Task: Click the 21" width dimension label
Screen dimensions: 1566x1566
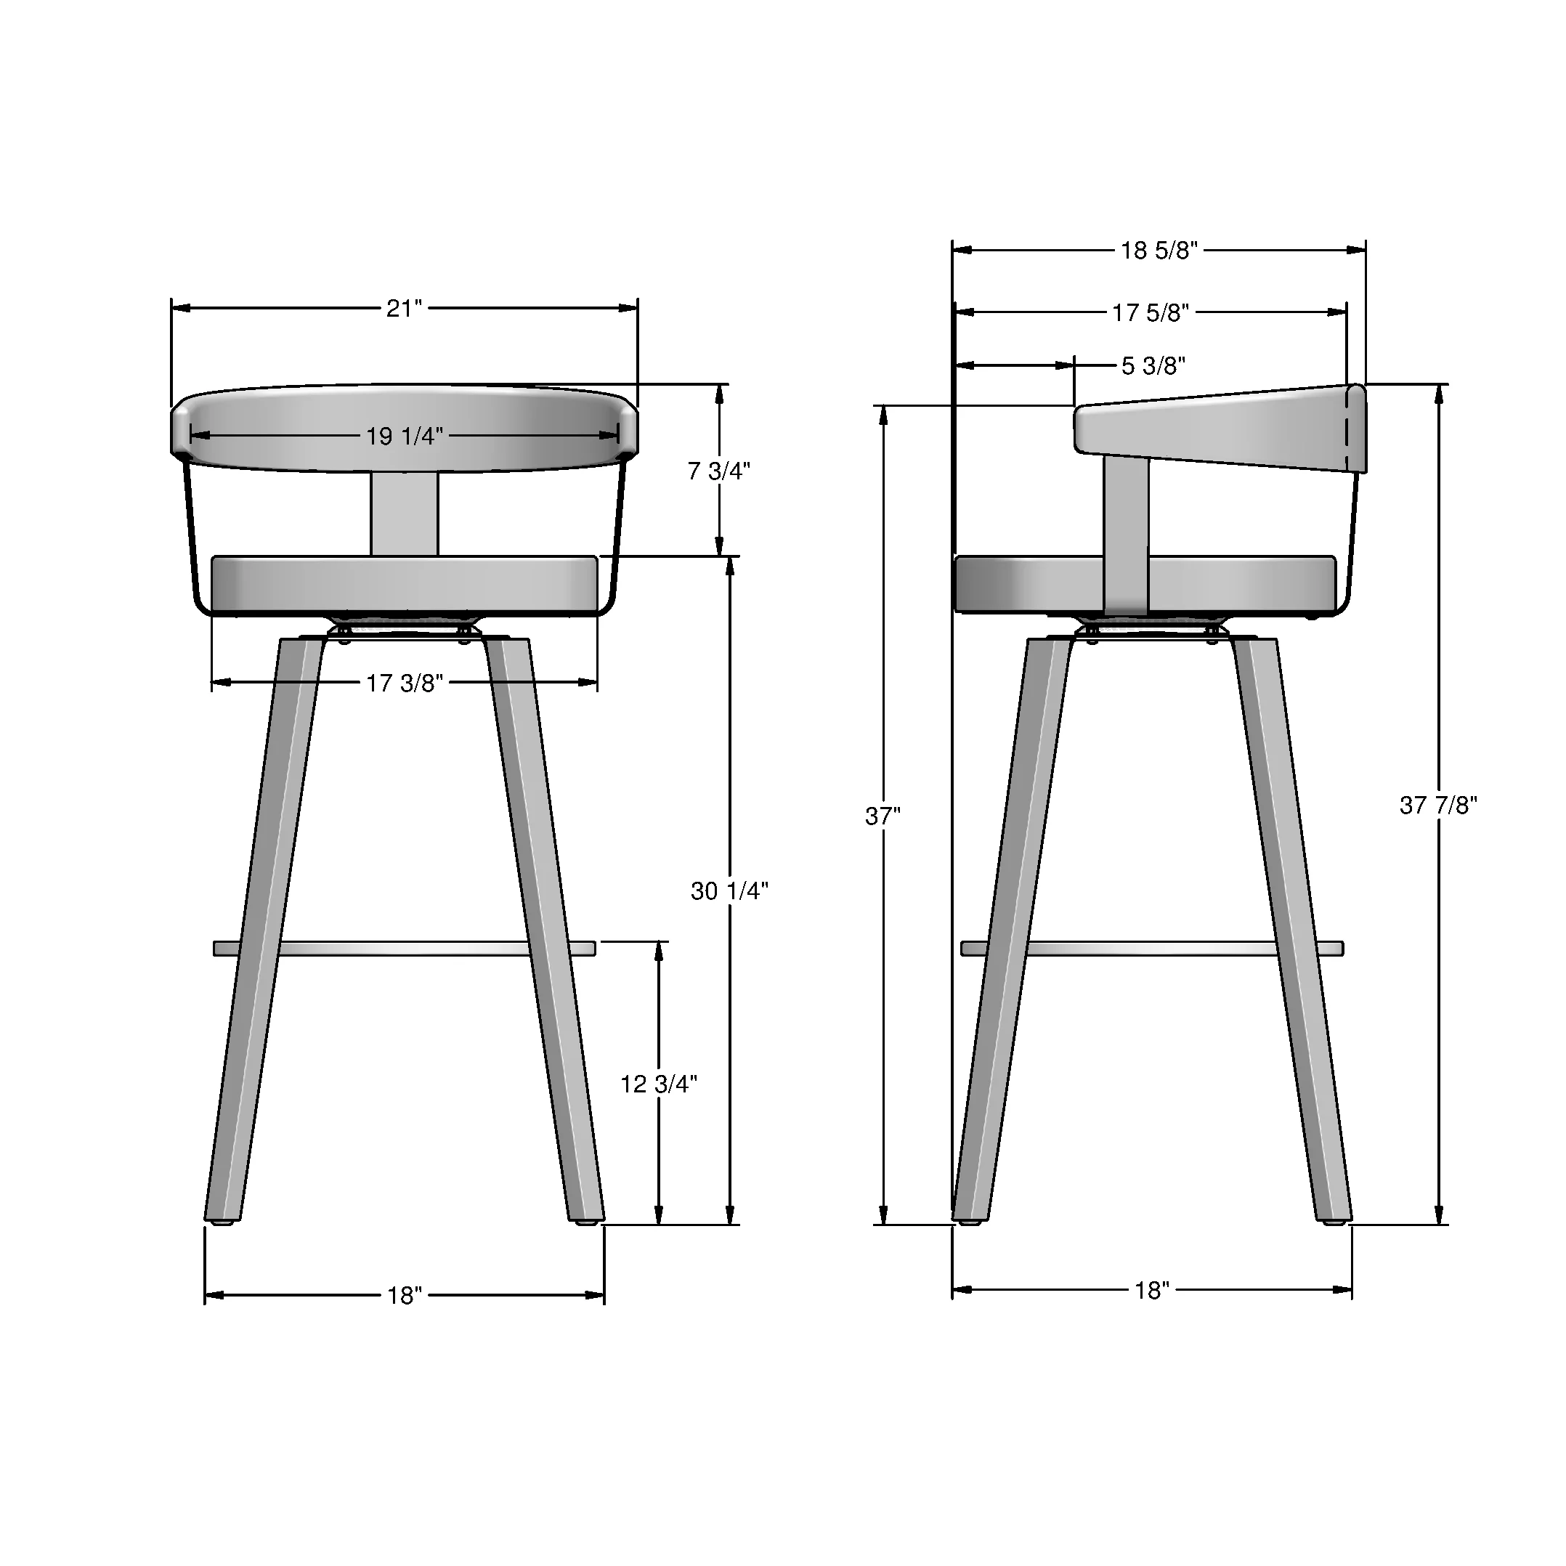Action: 404,309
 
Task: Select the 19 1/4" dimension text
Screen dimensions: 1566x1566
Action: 405,436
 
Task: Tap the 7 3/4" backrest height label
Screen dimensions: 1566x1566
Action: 718,471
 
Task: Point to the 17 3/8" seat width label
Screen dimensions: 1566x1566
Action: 405,683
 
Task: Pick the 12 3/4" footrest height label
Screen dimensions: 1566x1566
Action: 658,1084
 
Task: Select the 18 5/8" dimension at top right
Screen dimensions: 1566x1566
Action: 1159,251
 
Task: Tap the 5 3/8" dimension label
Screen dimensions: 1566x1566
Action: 1153,366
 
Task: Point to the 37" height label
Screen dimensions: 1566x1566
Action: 882,816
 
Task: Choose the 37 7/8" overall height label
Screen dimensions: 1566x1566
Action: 1438,805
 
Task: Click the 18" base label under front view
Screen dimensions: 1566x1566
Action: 405,1295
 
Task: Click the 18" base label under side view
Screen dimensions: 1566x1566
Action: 1151,1291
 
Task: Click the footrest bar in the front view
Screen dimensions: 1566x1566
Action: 405,949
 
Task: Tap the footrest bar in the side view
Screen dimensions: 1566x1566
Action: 1151,949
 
